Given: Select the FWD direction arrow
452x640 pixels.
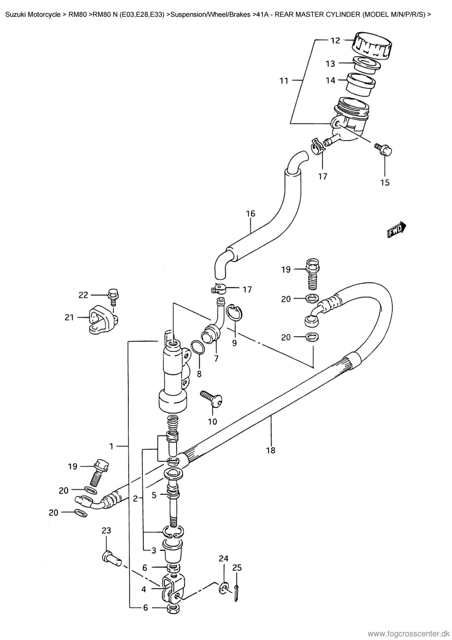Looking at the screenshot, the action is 397,229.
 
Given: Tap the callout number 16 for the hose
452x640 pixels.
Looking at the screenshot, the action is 250,213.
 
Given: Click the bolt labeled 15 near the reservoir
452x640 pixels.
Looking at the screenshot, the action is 383,149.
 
